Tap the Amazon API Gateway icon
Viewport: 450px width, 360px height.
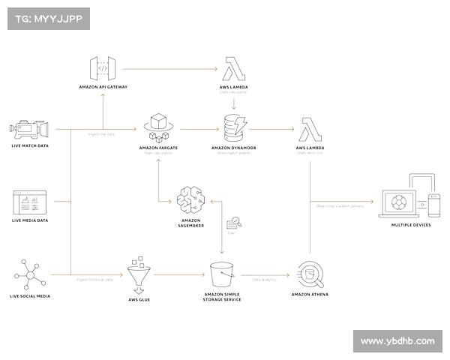pos(103,69)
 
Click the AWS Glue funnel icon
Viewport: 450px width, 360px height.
pos(139,278)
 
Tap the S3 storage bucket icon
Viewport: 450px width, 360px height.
pos(221,275)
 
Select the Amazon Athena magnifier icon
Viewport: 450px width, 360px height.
pos(310,275)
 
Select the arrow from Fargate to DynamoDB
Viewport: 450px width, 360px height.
pos(196,128)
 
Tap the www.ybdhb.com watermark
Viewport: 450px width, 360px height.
pos(397,340)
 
